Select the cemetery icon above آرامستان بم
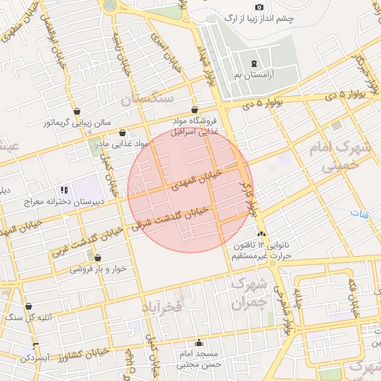[x=255, y=64]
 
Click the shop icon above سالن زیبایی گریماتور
[x=77, y=109]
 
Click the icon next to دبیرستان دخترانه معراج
[x=65, y=190]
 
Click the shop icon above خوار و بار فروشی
[x=97, y=257]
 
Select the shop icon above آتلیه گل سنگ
[x=29, y=306]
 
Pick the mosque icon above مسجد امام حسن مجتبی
[x=199, y=343]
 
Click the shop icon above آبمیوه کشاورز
[x=35, y=346]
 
